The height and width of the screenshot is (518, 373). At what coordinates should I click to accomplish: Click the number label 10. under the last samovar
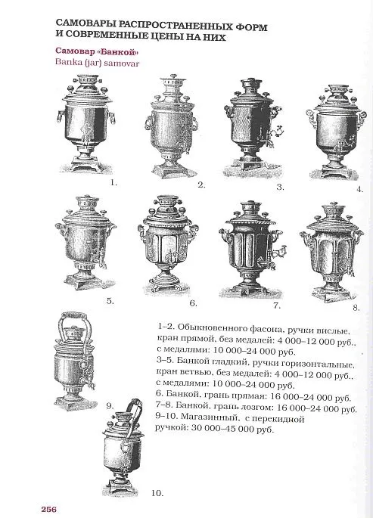157,493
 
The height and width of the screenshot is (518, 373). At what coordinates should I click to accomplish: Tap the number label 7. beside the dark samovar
276,306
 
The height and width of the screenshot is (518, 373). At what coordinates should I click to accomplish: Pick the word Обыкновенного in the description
216,331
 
